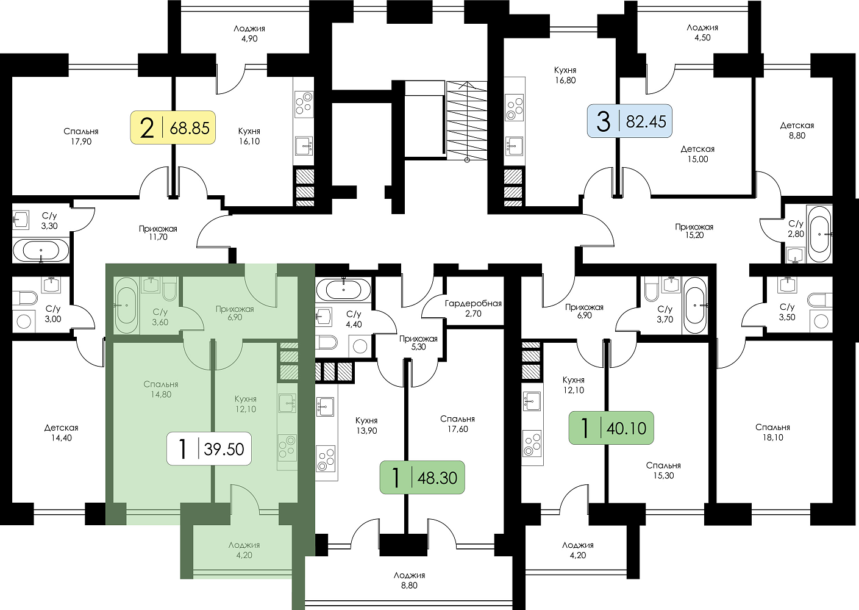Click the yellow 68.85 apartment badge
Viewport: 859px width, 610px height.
pos(173,128)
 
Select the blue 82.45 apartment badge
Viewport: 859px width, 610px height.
pos(629,121)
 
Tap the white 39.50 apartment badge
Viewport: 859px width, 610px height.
pos(209,449)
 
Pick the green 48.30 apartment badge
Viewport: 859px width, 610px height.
pos(422,477)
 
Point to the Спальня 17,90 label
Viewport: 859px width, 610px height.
pos(81,136)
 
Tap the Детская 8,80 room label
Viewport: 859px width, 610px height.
pos(797,131)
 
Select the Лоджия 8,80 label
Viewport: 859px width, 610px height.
pos(409,580)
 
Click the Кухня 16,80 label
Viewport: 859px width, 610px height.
pos(565,75)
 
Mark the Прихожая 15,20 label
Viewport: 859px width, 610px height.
pos(694,231)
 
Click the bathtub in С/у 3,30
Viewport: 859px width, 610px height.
pos(41,250)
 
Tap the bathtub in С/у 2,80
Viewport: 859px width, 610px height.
pos(819,234)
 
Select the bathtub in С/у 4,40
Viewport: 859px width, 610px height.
pos(343,289)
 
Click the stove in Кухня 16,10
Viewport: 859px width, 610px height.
pos(304,104)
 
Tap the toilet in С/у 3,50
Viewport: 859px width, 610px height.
pos(819,300)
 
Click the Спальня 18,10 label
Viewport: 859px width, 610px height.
pos(772,432)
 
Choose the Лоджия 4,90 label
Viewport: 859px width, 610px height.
pos(249,34)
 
